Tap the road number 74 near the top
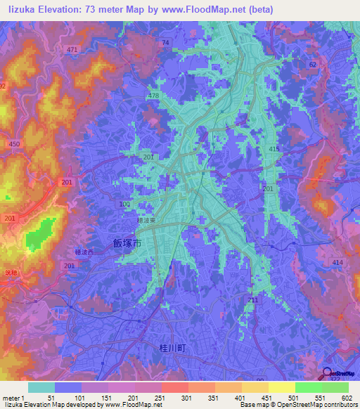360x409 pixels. [x=165, y=43]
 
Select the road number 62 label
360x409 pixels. [x=312, y=64]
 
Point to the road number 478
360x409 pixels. [x=155, y=96]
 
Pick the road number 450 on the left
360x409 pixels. [x=13, y=144]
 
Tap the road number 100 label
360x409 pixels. [x=124, y=204]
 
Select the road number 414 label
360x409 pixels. [x=337, y=262]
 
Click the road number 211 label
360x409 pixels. [x=252, y=300]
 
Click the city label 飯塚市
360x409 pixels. [x=127, y=243]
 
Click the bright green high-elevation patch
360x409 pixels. [x=41, y=235]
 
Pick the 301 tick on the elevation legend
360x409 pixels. [x=187, y=397]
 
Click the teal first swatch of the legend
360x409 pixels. [x=41, y=387]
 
